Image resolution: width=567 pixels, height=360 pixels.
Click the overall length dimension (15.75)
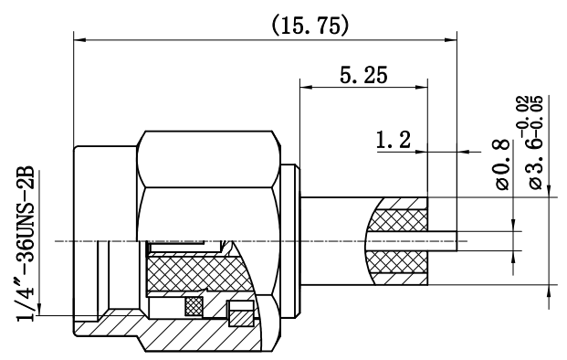[x=310, y=26]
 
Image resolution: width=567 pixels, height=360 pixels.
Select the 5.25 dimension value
[x=363, y=75]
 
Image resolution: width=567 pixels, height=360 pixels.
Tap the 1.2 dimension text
[x=394, y=140]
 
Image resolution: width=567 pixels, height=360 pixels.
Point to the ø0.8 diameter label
[x=503, y=165]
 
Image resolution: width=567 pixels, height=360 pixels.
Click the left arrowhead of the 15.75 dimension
[x=80, y=39]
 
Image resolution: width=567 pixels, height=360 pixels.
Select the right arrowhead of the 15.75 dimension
[x=450, y=39]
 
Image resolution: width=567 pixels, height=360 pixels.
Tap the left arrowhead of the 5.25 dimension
[x=306, y=87]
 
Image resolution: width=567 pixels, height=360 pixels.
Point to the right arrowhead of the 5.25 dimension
[x=422, y=87]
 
